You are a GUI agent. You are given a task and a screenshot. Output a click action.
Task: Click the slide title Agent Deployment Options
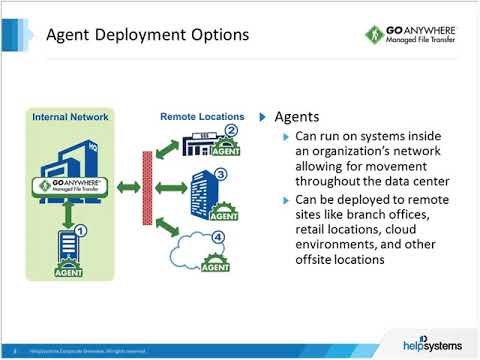click(148, 36)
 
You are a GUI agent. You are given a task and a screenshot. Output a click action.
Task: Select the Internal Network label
click(71, 117)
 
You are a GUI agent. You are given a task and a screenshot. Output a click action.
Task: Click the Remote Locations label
click(198, 117)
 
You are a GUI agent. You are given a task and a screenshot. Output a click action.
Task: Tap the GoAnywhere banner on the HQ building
click(70, 187)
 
